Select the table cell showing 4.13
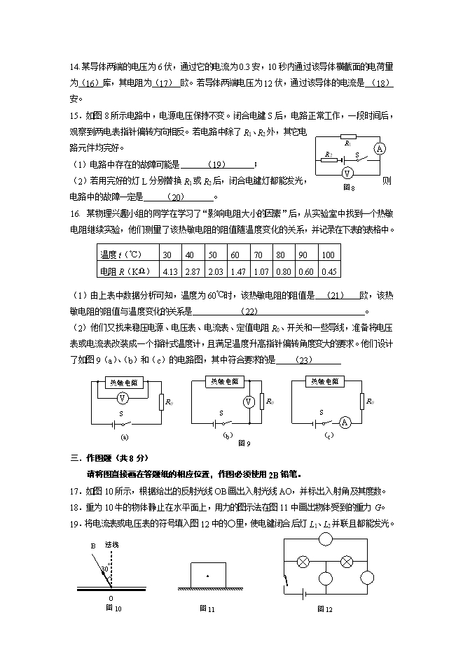(169, 271)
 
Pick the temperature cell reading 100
(329, 255)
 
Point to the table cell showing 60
(235, 255)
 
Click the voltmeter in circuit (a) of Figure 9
(123, 397)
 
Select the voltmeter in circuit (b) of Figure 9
(247, 401)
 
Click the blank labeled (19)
(218, 164)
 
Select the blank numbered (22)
(249, 311)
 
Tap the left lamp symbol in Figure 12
(304, 562)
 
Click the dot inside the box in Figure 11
(207, 575)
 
